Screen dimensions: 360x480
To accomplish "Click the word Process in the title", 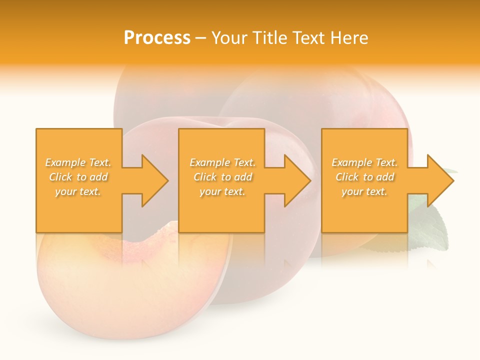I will tap(157, 37).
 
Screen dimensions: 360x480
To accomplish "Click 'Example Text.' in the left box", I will tap(78, 162).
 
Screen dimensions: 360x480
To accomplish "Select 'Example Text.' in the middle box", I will tap(222, 162).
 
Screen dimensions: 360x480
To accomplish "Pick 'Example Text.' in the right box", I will tap(364, 162).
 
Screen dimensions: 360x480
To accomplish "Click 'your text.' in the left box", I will tap(78, 191).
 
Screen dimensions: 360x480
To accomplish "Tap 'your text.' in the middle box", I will tap(222, 191).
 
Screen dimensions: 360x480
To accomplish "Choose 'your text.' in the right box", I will tap(364, 191).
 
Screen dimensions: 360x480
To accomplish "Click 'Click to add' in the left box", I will tap(78, 177).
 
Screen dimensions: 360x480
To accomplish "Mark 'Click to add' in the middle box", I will tap(222, 177).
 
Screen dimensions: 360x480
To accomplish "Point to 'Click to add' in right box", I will tap(364, 177).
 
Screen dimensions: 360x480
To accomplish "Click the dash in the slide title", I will tap(200, 38).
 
